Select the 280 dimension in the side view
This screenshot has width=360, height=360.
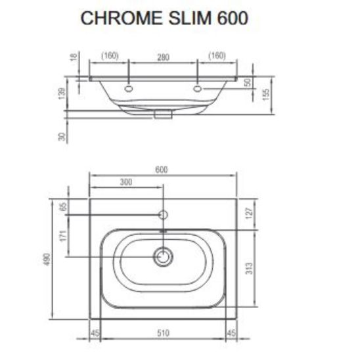(x=162, y=56)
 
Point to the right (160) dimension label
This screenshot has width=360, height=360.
(x=217, y=56)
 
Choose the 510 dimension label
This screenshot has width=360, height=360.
(x=162, y=334)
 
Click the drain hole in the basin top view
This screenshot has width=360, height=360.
(x=162, y=256)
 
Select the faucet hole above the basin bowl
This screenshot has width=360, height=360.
(x=162, y=215)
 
